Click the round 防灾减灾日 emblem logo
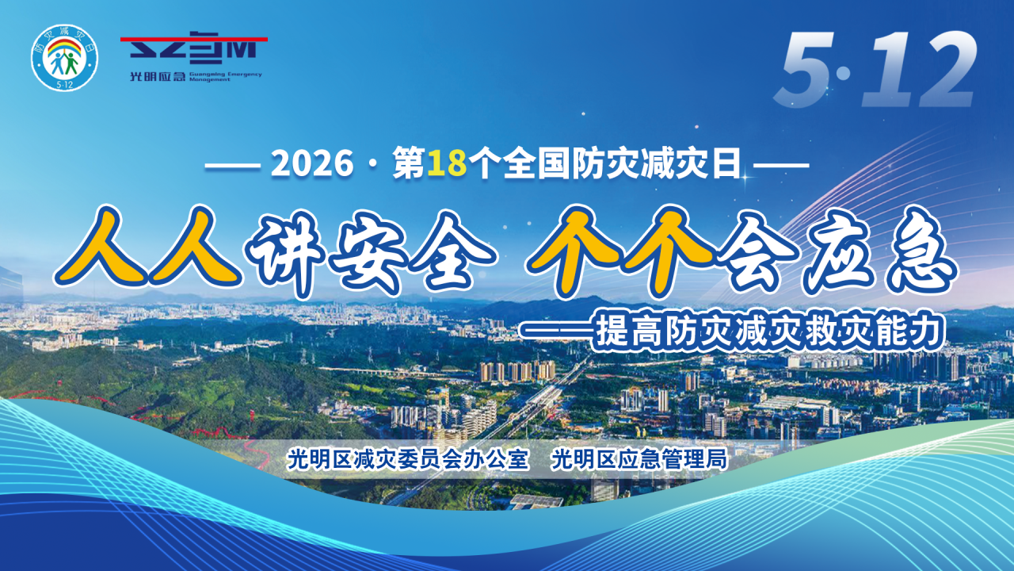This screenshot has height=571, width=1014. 64,58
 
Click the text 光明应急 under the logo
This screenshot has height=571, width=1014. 158,77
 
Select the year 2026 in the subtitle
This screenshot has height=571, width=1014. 312,163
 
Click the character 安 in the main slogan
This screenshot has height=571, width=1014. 368,254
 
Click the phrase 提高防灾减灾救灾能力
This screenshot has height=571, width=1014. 769,332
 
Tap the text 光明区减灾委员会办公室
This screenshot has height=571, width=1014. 408,459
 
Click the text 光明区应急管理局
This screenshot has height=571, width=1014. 639,459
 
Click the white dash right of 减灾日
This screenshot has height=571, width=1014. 781,165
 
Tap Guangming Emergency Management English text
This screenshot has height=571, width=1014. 226,77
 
